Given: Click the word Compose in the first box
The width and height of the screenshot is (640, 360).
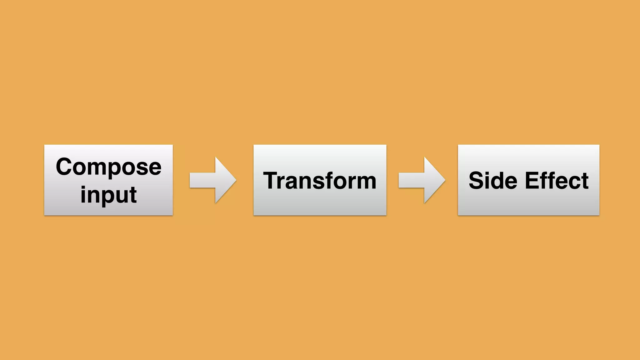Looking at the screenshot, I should pos(108,167).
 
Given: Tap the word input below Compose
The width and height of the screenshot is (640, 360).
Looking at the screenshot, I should pos(108,194).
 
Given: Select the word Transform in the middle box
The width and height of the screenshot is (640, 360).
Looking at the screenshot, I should pos(320,181).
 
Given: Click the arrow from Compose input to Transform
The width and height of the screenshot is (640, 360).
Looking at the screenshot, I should pos(212,180).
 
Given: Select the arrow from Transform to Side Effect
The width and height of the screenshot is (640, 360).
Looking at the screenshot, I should pos(422,180).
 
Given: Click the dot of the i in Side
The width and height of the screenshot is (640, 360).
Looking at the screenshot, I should pos(489,173).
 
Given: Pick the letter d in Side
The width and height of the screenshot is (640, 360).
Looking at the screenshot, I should pos(499,181).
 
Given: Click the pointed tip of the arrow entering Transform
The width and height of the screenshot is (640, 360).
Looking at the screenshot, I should pos(236,180).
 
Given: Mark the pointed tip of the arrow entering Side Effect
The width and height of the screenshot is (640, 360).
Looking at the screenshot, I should pos(445,180).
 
